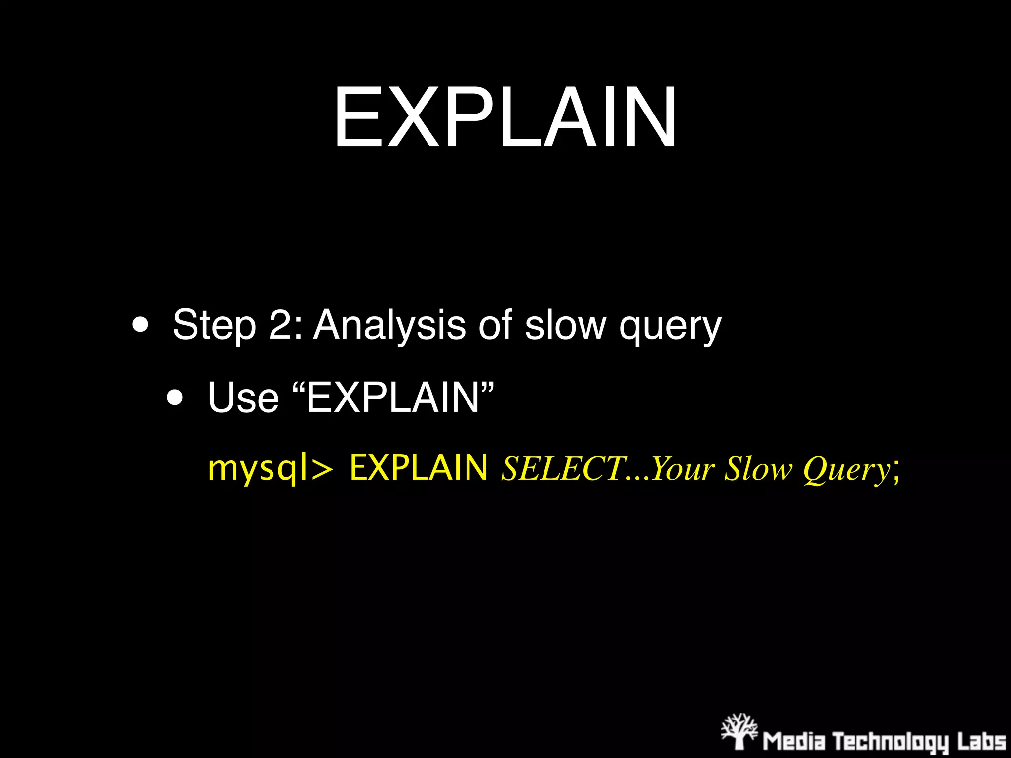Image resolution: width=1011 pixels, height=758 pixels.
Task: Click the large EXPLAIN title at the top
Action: pos(505,117)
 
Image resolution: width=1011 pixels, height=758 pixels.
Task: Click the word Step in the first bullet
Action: pos(214,326)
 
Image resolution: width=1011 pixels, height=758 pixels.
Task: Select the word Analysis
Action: pos(389,326)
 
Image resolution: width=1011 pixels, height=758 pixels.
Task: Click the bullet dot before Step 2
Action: pos(140,326)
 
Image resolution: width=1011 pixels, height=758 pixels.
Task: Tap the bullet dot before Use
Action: pos(175,398)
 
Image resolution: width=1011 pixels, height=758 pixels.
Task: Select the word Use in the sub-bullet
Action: pos(243,398)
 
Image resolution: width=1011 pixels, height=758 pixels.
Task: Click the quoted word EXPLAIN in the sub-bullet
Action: pos(392,398)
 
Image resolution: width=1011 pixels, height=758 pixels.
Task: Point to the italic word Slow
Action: pos(757,468)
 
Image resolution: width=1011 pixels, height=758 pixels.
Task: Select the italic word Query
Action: pos(846,469)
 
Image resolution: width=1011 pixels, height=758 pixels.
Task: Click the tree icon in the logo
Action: pos(739,731)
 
